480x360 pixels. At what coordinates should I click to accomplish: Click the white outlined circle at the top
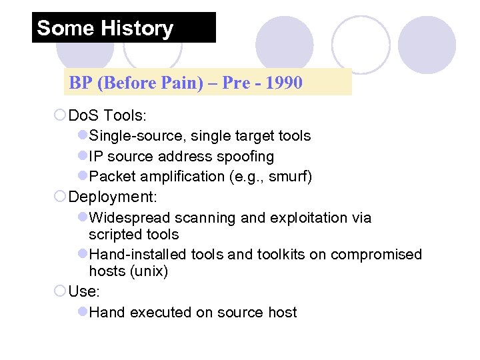click(x=360, y=45)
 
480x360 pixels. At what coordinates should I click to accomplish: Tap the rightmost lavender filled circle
click(x=427, y=45)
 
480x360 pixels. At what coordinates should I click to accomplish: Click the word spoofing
click(x=248, y=157)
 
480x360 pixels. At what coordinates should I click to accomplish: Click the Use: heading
click(x=83, y=291)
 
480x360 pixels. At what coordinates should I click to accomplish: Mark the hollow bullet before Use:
click(x=59, y=291)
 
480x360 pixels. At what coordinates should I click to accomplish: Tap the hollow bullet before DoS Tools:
click(x=59, y=115)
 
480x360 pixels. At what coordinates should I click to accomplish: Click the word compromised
click(x=376, y=255)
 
